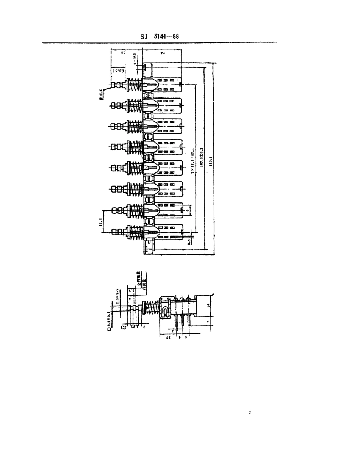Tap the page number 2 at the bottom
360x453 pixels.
250,412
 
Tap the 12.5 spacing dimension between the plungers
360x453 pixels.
100,221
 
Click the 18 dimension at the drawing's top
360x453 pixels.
122,53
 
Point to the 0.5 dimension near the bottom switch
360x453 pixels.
189,241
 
